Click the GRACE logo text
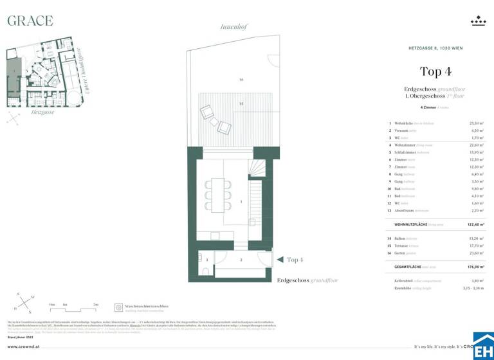[30, 21]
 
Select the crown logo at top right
[478, 22]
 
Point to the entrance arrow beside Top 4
[279, 260]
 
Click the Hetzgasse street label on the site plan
[42, 112]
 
